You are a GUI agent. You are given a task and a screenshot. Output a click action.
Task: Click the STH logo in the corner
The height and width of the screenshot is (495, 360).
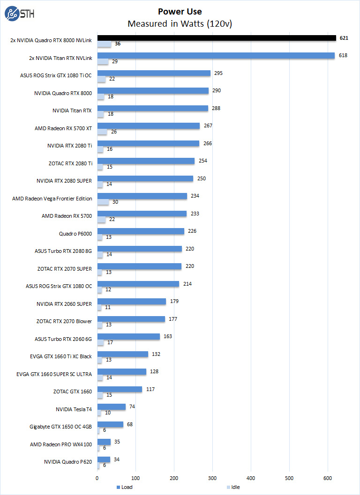tap(18, 15)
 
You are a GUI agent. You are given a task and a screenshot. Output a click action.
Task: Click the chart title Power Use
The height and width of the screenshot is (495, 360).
tap(180, 12)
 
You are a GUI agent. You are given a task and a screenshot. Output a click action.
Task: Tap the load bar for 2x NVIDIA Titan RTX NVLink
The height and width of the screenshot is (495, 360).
tap(216, 55)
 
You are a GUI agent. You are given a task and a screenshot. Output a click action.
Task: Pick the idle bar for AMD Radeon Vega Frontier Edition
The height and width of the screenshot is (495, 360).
tap(103, 202)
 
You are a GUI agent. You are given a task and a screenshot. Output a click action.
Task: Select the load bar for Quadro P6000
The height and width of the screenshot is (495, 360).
tap(141, 231)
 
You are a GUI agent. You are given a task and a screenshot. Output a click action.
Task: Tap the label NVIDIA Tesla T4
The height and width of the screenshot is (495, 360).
tap(74, 409)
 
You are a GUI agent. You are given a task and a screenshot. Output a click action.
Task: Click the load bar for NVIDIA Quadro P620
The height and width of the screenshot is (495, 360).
tap(104, 459)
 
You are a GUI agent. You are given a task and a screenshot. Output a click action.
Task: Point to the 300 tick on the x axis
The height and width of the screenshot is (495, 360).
tap(212, 478)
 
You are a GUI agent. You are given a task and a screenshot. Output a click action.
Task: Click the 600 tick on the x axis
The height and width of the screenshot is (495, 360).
tap(328, 478)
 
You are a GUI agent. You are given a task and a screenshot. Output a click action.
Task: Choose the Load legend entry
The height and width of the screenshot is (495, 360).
tap(124, 488)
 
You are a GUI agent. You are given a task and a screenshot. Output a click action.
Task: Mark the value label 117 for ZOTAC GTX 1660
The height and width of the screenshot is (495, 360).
tap(150, 389)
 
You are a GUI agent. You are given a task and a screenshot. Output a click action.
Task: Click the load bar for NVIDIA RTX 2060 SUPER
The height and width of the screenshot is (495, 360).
tap(131, 301)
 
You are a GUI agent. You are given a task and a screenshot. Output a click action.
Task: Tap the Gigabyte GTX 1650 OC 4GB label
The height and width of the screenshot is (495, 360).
tap(60, 427)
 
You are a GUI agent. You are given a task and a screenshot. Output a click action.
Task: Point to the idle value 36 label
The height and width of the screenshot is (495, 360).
tap(118, 44)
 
